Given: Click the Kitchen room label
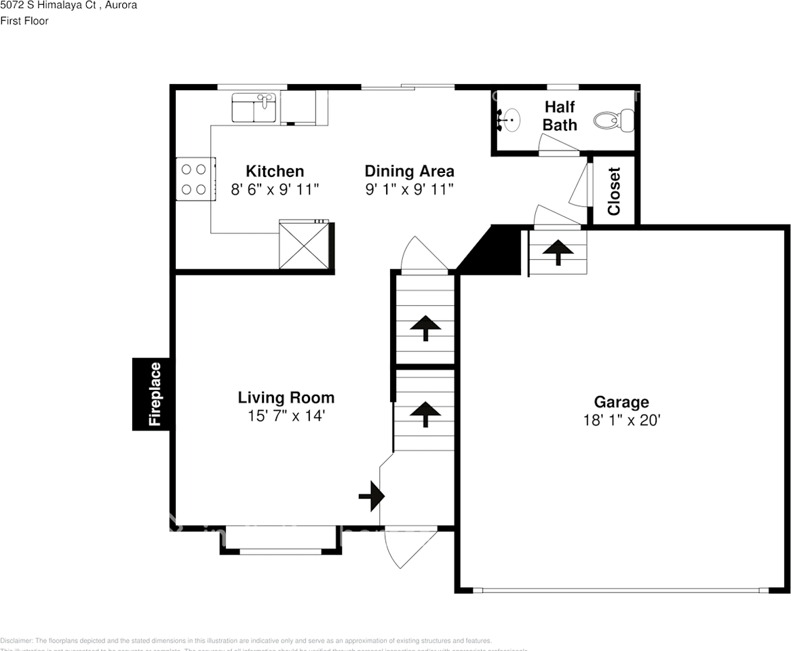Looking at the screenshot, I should tap(274, 171).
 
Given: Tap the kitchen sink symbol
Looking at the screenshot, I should tap(253, 107).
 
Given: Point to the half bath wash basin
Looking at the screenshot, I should tap(510, 121).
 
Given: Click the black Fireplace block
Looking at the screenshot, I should tap(151, 394).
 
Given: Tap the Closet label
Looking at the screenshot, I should tap(614, 191).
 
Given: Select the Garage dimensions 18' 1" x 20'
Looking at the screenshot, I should tap(621, 420).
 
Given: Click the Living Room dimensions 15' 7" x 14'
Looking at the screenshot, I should tap(286, 416).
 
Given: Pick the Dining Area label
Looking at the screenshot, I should tap(409, 171).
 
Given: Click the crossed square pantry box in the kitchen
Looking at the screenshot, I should tap(305, 245).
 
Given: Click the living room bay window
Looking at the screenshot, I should tap(280, 541).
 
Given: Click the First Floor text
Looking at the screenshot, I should tap(24, 21).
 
